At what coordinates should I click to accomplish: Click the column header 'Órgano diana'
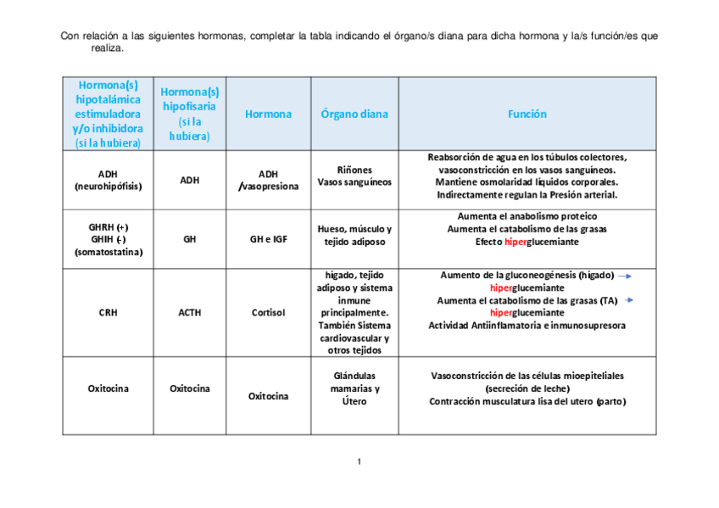tap(354, 114)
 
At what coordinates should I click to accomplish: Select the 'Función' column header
tap(527, 114)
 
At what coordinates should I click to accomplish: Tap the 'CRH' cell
tap(108, 312)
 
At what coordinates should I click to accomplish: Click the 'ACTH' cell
tap(189, 312)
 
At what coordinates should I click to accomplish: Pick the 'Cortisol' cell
tap(268, 312)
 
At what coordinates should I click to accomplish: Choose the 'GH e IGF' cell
tap(268, 239)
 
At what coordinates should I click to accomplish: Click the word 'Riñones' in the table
tap(354, 170)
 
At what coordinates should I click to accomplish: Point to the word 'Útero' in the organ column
tap(354, 401)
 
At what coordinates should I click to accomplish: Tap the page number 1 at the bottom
tap(359, 461)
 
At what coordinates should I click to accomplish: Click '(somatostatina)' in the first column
tap(108, 252)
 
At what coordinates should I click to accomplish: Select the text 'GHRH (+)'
tap(108, 226)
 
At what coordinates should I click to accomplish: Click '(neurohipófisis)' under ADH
tap(108, 186)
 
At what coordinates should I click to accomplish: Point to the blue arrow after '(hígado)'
tap(624, 276)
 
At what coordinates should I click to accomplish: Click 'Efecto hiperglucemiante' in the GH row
tap(527, 242)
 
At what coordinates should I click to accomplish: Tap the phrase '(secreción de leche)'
tap(527, 388)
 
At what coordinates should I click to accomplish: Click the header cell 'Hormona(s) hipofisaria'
tap(189, 99)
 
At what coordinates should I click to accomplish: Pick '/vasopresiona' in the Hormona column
tap(268, 187)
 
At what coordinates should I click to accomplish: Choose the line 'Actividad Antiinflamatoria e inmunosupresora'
tap(527, 326)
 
